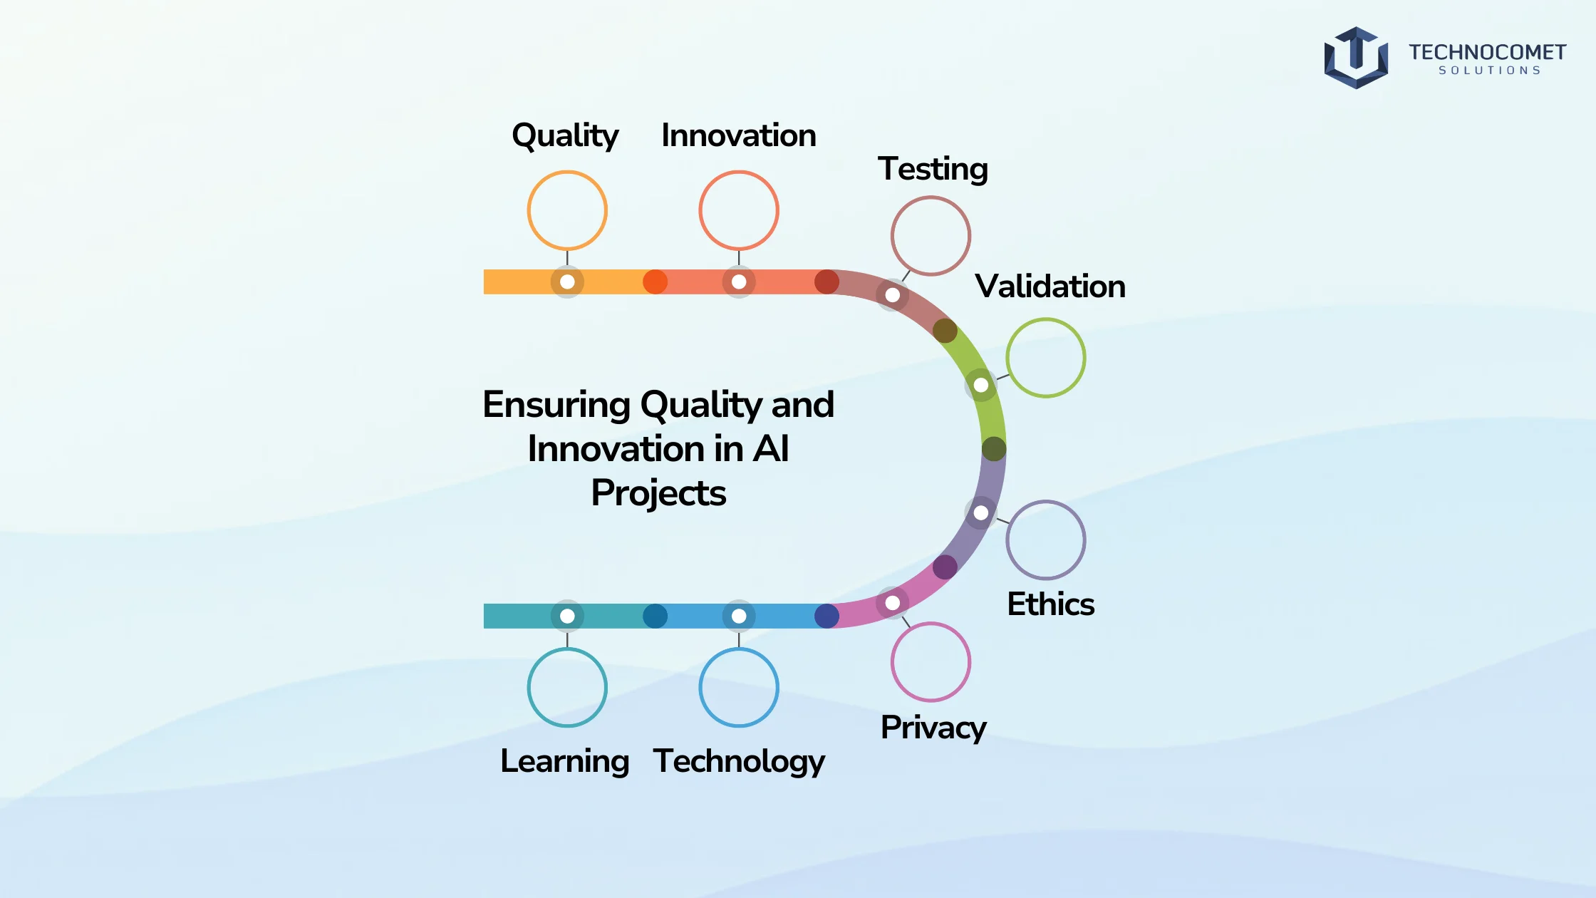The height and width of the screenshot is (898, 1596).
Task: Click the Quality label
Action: (565, 136)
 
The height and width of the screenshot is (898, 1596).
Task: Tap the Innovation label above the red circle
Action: (739, 135)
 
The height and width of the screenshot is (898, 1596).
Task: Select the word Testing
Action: (933, 170)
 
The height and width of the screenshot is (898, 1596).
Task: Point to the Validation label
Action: (1050, 287)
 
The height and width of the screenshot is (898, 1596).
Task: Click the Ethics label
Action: (1050, 604)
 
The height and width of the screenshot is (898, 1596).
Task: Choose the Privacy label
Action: (933, 728)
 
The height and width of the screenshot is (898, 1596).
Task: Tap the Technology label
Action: (739, 762)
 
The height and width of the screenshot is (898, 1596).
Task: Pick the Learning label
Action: (565, 762)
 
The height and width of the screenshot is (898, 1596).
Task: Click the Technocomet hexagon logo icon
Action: (1356, 58)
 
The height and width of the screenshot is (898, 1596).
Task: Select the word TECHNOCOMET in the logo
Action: (1487, 53)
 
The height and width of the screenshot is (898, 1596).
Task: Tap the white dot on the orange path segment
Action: (567, 282)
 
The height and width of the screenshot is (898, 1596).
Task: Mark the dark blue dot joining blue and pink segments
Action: (826, 616)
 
